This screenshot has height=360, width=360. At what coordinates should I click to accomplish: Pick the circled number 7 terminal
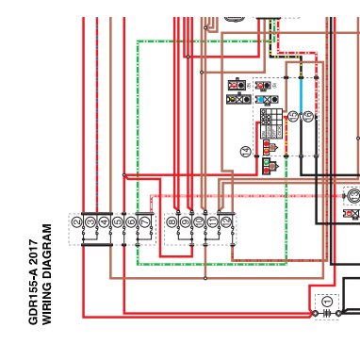pyautogui.click(x=144, y=222)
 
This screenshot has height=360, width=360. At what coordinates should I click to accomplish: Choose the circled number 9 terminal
pyautogui.click(x=185, y=222)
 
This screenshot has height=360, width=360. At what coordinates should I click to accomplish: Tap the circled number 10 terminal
pyautogui.click(x=198, y=222)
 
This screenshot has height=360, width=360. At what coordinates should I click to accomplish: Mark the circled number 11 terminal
pyautogui.click(x=212, y=222)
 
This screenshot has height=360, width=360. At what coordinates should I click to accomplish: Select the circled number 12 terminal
pyautogui.click(x=226, y=222)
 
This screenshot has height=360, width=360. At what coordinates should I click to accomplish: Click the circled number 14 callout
pyautogui.click(x=246, y=151)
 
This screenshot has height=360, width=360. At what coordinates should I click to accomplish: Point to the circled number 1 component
pyautogui.click(x=327, y=302)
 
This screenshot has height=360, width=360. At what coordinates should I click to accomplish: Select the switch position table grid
pyautogui.click(x=270, y=123)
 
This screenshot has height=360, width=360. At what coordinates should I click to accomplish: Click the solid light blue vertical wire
pyautogui.click(x=301, y=94)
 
